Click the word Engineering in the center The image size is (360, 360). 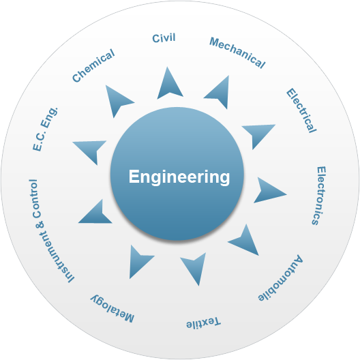[x=179, y=177]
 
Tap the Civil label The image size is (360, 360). [x=164, y=38]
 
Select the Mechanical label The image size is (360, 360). [x=237, y=52]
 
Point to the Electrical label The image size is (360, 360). [x=301, y=110]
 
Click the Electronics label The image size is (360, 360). [x=319, y=196]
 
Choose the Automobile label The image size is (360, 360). [x=280, y=278]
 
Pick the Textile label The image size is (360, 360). [x=203, y=322]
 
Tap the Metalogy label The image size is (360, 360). [x=112, y=309]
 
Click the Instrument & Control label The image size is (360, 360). [x=51, y=230]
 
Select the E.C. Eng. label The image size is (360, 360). [x=45, y=129]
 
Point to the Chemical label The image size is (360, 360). [x=93, y=65]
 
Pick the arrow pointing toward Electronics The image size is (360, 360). [x=269, y=191]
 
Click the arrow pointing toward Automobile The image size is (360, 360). [x=245, y=241]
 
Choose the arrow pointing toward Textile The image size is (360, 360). [x=195, y=267]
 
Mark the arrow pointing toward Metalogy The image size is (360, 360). [x=139, y=261]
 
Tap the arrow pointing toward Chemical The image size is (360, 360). [x=117, y=100]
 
